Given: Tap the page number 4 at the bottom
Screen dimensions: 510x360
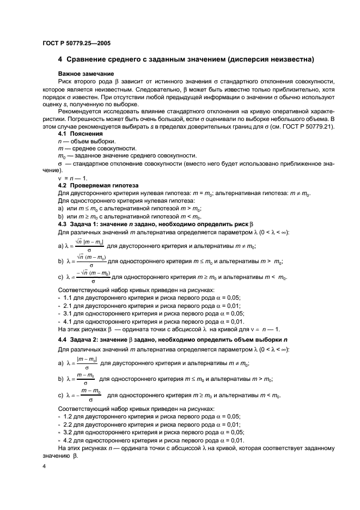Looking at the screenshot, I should click(45, 466).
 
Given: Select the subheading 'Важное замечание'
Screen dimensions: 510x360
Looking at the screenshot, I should click(81, 72).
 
